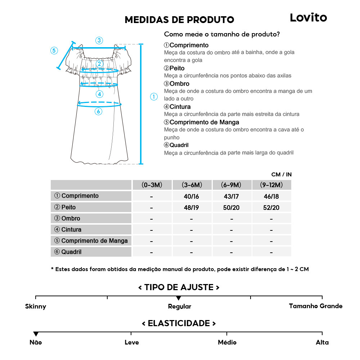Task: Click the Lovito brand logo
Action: pyautogui.click(x=309, y=18)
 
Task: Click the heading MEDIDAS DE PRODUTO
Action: pyautogui.click(x=179, y=20)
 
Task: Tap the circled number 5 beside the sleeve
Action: pyautogui.click(x=54, y=50)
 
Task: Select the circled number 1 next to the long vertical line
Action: pyautogui.click(x=154, y=96)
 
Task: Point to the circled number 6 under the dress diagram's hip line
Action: pyautogui.click(x=99, y=112)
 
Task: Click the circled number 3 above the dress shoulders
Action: pyautogui.click(x=99, y=40)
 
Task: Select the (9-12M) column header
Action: pyautogui.click(x=271, y=185)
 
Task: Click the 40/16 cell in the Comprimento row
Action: pyautogui.click(x=192, y=196)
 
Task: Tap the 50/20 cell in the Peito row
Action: pyautogui.click(x=231, y=208)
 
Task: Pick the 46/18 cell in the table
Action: pyautogui.click(x=271, y=196)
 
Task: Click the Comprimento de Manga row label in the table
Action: pyautogui.click(x=91, y=241)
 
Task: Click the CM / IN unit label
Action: pyautogui.click(x=282, y=175)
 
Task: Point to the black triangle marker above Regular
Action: pyautogui.click(x=179, y=298)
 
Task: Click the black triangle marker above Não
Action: pyautogui.click(x=36, y=334)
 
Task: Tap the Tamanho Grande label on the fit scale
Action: pyautogui.click(x=316, y=306)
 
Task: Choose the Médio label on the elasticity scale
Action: pyautogui.click(x=227, y=342)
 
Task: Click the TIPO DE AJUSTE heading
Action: pyautogui.click(x=179, y=287)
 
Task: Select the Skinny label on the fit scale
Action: pyautogui.click(x=36, y=307)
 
